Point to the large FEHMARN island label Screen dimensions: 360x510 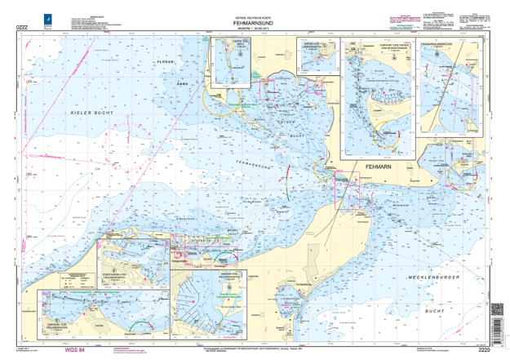pos(379,166)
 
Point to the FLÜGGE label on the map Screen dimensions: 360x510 pos(165,61)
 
